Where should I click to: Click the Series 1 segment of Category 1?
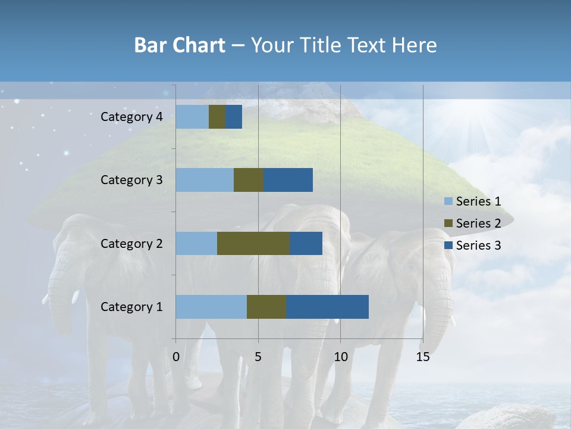click(x=211, y=307)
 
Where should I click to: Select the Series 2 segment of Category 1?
click(x=266, y=307)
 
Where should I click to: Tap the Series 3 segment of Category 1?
click(x=327, y=307)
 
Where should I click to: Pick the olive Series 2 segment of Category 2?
click(x=253, y=243)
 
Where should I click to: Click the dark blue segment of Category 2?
click(x=306, y=243)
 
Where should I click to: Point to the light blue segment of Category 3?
click(x=205, y=180)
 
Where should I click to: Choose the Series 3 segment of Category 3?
click(x=288, y=180)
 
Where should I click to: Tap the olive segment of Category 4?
click(x=217, y=117)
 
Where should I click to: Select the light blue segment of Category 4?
click(x=192, y=117)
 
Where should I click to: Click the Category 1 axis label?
click(x=131, y=307)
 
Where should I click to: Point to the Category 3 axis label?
click(x=131, y=180)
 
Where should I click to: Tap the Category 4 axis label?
click(x=131, y=117)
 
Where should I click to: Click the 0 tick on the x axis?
click(x=176, y=357)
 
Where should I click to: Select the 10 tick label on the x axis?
click(x=340, y=357)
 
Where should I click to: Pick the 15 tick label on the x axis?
click(x=422, y=357)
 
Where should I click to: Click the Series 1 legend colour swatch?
click(x=448, y=201)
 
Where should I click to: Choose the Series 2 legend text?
click(x=478, y=223)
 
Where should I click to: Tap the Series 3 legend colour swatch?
click(x=448, y=245)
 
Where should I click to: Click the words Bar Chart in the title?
click(x=180, y=45)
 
